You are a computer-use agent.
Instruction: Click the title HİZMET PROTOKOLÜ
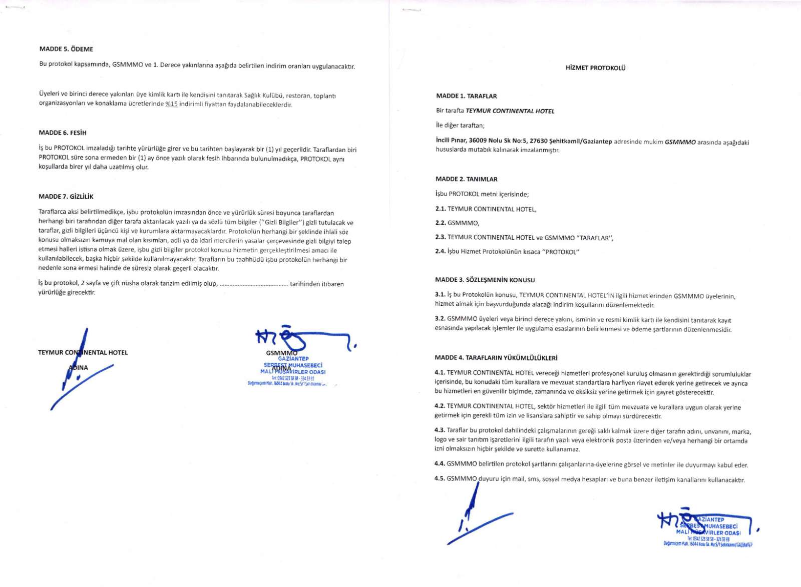[595, 68]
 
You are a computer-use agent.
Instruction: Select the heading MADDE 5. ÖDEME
[66, 49]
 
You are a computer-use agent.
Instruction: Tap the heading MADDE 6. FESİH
[63, 133]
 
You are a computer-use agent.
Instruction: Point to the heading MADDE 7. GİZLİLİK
[66, 197]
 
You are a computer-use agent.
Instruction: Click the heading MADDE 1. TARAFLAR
[466, 96]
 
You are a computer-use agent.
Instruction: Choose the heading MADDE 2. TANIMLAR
[466, 179]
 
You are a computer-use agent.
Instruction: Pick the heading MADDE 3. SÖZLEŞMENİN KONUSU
[485, 280]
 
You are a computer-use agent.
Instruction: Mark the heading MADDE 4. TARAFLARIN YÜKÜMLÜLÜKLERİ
[496, 358]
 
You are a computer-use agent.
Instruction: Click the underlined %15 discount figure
[171, 105]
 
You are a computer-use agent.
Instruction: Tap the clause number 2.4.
[440, 252]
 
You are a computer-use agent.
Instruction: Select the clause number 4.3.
[440, 430]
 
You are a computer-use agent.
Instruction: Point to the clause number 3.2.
[440, 319]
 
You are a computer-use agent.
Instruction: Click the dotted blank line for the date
[254, 284]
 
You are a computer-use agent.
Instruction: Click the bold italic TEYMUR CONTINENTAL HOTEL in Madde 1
[510, 111]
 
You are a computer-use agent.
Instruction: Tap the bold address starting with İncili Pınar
[524, 142]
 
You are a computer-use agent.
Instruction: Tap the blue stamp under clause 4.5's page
[708, 530]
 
